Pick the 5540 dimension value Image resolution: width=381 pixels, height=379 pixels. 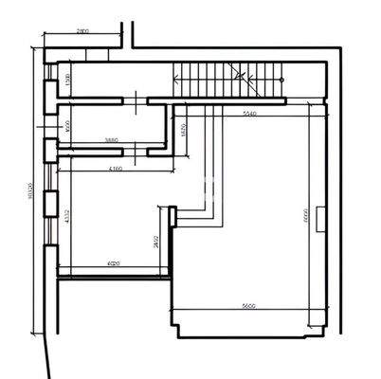(249, 113)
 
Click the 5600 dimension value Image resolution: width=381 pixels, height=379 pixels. (249, 306)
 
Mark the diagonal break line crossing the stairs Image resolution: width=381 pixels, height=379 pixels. (248, 82)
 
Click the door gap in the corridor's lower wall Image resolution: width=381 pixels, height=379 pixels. (134, 99)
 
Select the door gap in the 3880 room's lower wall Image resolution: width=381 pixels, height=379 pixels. (134, 150)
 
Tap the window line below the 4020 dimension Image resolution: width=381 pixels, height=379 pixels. (114, 276)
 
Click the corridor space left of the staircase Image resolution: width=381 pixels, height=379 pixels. (114, 81)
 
